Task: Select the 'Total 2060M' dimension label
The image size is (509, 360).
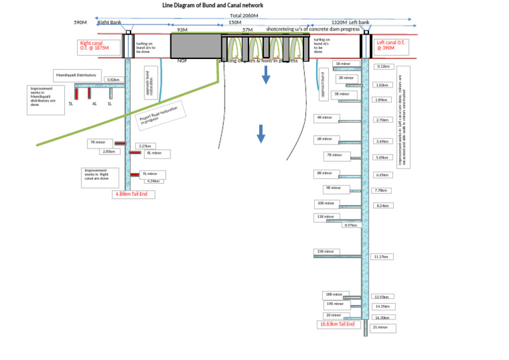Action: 245,15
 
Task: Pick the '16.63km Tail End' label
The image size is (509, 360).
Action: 337,324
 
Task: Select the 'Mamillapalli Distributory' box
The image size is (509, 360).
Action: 76,76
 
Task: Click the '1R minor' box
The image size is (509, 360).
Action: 348,64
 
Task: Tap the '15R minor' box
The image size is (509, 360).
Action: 327,252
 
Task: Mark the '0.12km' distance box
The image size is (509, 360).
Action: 384,66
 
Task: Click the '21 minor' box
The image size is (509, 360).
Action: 383,328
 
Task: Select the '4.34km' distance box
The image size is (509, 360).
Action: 153,181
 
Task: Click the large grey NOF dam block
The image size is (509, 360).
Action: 196,46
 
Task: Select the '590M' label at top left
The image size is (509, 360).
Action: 81,23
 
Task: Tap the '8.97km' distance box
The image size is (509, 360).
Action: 350,225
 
